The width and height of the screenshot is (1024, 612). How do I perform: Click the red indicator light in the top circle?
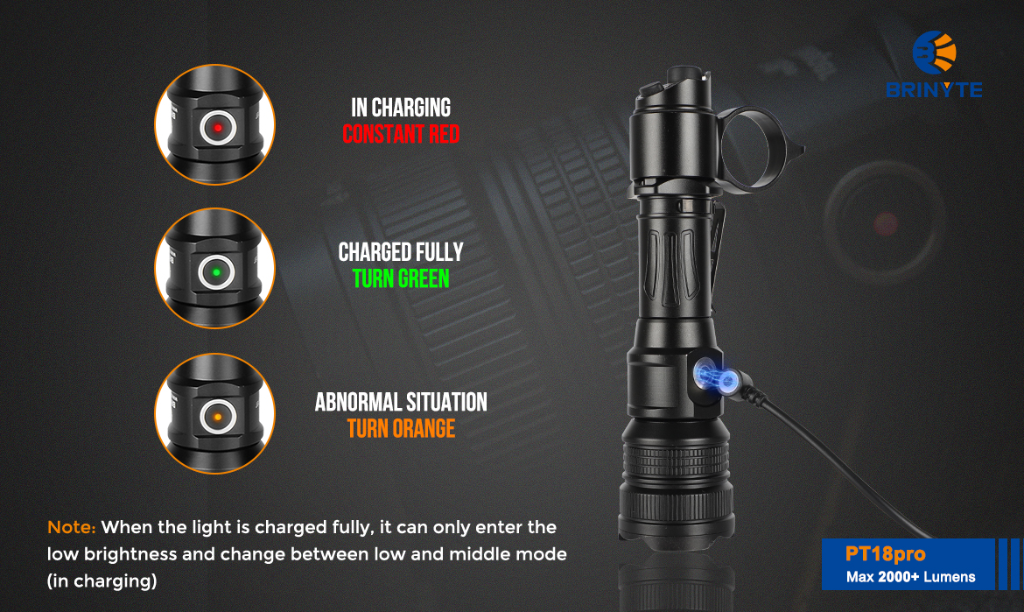pos(217,127)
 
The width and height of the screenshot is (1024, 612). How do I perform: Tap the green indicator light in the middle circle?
pos(217,271)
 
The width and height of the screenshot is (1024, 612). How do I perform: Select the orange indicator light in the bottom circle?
pos(217,417)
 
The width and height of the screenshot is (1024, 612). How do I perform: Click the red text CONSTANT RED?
pos(401,135)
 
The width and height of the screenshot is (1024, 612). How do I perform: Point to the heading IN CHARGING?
pos(401,108)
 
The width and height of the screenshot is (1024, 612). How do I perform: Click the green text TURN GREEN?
pos(401,279)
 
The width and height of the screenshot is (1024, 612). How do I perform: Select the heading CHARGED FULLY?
pos(401,252)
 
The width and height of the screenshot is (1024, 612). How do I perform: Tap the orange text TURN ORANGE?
pos(401,428)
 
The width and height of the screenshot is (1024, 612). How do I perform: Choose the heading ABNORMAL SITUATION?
pos(401,403)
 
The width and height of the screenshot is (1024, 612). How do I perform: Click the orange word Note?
pos(71,527)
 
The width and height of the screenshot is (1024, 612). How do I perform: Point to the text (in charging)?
pos(102,580)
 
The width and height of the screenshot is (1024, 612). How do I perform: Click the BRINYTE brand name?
pos(934,89)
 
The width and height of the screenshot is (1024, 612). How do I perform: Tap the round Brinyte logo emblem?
pos(935,53)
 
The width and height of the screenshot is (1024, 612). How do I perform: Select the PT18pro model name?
pos(885,554)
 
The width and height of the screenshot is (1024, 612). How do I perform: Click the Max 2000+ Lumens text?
pos(910,577)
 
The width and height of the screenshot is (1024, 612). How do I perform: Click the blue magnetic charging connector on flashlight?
pos(716,376)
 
